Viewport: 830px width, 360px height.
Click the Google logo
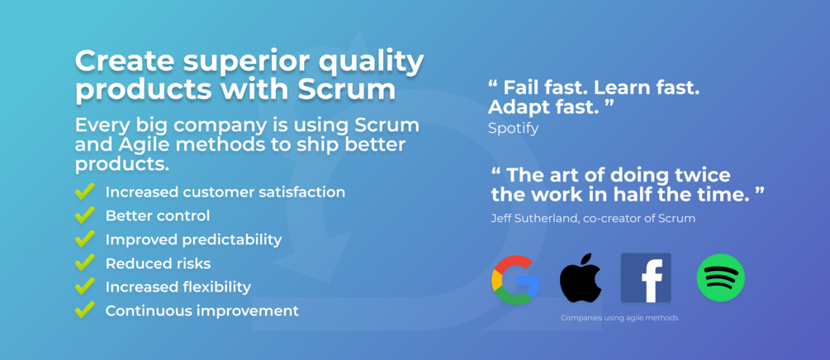[x=515, y=280]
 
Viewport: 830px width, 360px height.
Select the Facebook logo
[x=646, y=278]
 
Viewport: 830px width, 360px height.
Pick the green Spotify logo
[x=720, y=278]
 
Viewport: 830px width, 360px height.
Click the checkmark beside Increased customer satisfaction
[x=85, y=191]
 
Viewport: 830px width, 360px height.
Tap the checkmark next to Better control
[x=85, y=215]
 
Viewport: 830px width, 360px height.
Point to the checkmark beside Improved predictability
[x=85, y=239]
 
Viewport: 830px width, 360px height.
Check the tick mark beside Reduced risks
[x=85, y=263]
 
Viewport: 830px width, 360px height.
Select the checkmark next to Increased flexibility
[x=85, y=287]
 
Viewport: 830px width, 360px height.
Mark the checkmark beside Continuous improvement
[x=85, y=310]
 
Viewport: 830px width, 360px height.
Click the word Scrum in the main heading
[x=346, y=89]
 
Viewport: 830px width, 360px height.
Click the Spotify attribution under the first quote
[x=513, y=128]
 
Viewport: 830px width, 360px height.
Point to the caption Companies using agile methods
[x=619, y=318]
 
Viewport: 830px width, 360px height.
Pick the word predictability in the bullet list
[x=232, y=239]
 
